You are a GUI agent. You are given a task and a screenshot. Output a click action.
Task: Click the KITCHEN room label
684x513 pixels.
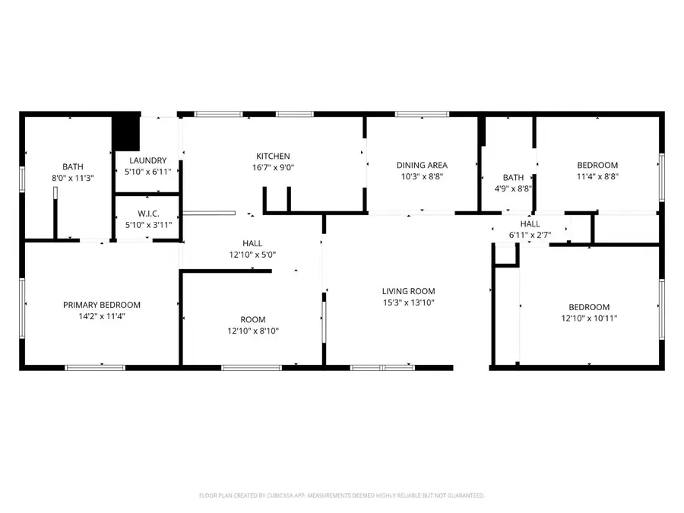(x=273, y=157)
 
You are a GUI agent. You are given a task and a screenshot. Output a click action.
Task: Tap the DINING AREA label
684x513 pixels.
(x=422, y=165)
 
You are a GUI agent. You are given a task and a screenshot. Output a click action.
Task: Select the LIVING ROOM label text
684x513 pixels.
(x=408, y=291)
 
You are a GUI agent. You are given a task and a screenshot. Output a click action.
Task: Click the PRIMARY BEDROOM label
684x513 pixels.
(x=101, y=305)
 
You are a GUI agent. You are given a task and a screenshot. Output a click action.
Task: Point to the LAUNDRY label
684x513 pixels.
(x=147, y=160)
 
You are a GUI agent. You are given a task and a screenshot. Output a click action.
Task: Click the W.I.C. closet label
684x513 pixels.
(x=147, y=214)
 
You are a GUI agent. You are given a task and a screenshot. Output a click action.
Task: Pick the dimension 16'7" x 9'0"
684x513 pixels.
(x=273, y=168)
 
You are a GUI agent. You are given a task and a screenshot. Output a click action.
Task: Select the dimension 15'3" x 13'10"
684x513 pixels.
(x=408, y=302)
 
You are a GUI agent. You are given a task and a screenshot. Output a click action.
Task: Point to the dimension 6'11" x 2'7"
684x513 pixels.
(x=530, y=236)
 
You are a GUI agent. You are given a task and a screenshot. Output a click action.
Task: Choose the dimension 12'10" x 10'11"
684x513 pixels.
(x=584, y=318)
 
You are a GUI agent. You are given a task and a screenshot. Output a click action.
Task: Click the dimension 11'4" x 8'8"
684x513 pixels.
(x=597, y=176)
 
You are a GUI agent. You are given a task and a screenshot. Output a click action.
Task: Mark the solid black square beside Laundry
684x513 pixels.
(x=126, y=133)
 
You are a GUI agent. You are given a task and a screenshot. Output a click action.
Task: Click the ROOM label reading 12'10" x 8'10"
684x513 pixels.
(x=253, y=331)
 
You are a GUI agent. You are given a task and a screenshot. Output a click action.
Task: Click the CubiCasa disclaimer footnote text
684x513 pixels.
(x=341, y=496)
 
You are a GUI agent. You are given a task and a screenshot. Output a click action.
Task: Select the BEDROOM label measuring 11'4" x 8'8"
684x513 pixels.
(x=597, y=165)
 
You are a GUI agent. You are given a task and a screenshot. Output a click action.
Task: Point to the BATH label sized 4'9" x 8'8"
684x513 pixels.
(x=513, y=178)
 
